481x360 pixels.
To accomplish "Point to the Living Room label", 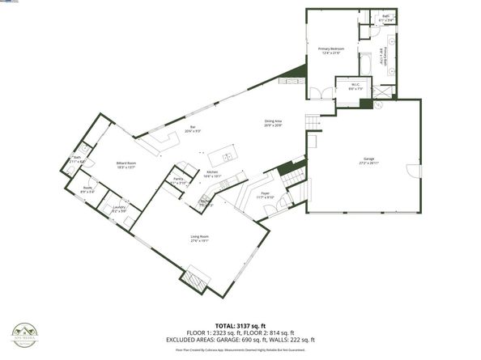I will point(199,239).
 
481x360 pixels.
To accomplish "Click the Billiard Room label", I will point(126,164).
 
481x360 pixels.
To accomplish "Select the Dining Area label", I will point(273,124).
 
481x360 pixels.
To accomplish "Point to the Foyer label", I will point(266,195).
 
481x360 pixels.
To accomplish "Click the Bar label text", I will point(193,129).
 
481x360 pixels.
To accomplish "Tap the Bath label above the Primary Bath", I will point(385,16).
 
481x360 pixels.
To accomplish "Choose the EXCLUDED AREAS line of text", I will point(240,341).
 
